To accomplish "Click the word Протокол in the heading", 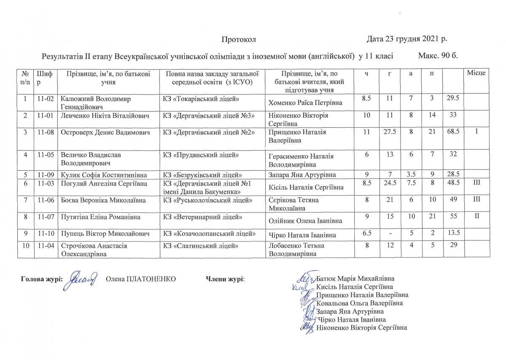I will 239,40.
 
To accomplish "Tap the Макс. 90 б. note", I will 438,56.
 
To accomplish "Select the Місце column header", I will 476,73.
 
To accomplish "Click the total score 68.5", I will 453,132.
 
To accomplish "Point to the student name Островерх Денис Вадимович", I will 105,132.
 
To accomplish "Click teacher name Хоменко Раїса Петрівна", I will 305,103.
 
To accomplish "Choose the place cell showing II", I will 476,217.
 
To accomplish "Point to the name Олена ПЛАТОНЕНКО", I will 140,279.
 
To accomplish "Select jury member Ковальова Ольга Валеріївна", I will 359,303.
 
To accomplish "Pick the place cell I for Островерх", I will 476,132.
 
